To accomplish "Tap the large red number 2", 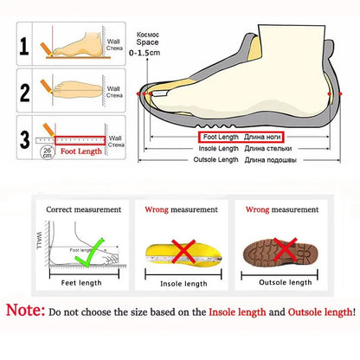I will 24,91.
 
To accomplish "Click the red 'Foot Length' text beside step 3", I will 81,151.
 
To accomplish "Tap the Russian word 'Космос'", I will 148,34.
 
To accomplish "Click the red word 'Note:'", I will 23,311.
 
